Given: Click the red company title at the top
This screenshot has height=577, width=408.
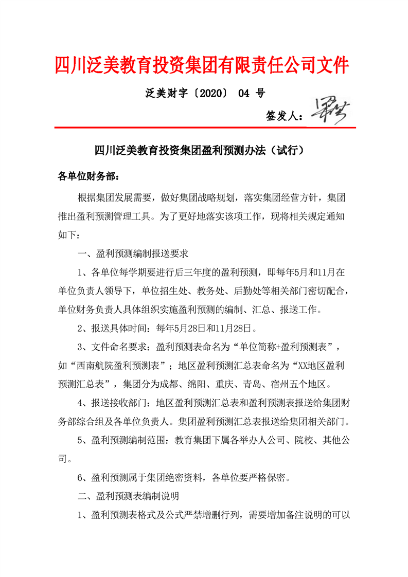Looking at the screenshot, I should click(202, 65).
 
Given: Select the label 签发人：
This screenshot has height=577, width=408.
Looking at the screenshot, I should click(285, 116).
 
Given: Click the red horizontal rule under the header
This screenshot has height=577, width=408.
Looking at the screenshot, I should click(205, 127).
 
